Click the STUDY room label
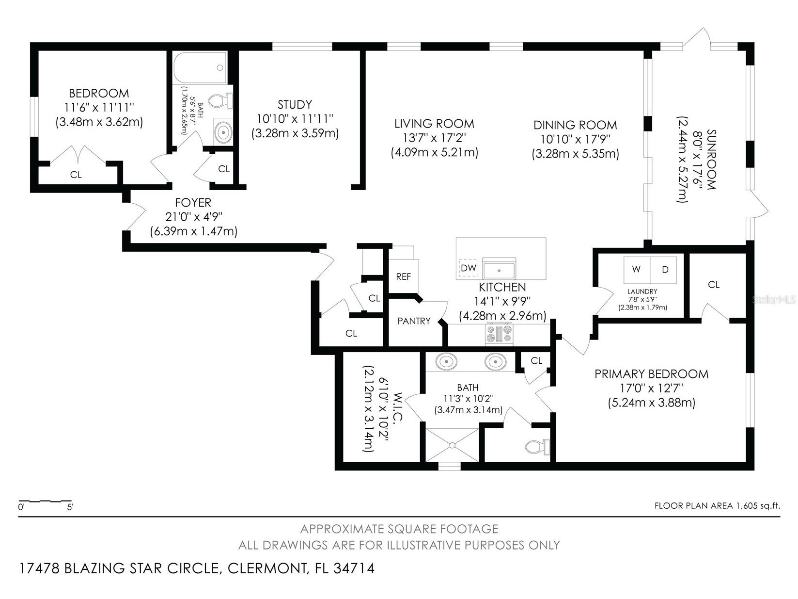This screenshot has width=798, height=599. point(295,104)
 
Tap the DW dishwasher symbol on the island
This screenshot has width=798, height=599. point(468,268)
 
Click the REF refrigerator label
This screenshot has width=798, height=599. point(403,276)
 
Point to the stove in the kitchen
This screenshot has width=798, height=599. point(499,334)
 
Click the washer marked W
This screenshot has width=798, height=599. point(636,270)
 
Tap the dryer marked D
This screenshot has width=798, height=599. point(665,270)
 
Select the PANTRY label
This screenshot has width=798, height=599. point(414,321)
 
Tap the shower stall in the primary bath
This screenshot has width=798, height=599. point(453,444)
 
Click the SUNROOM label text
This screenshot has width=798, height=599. point(711,159)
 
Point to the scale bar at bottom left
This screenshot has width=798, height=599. point(45,501)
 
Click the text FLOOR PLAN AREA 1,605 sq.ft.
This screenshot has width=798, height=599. point(717,506)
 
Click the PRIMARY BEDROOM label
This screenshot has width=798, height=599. point(651,374)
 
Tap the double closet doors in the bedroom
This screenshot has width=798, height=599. point(78,155)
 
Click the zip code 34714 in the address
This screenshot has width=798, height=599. point(354,568)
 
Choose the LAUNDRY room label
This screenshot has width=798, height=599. point(642,291)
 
